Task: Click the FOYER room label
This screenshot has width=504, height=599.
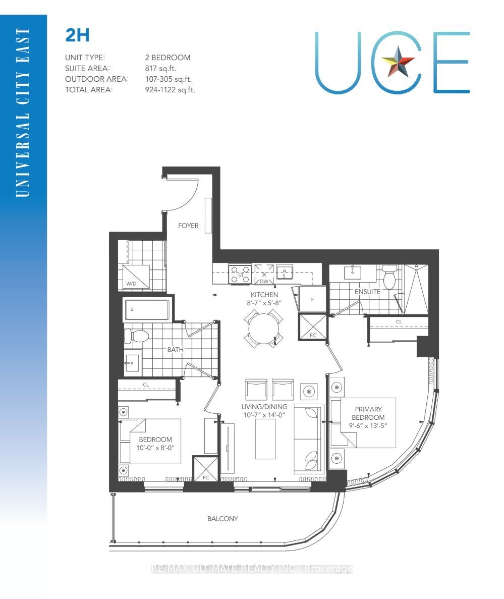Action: pos(188,226)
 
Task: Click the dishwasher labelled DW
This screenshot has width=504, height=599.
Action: pos(264,274)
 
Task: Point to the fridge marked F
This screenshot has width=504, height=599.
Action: pos(312,299)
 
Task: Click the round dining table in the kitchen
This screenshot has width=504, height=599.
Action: pos(264,329)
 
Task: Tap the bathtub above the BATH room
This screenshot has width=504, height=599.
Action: pos(147,309)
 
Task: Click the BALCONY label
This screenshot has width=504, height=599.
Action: pos(222,518)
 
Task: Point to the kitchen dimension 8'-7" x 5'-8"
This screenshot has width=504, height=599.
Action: pos(264,303)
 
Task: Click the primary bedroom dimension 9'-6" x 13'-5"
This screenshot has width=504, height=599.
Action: pos(368,425)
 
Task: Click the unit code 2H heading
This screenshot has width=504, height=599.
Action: pos(78,35)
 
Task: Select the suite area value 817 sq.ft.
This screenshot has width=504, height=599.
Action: pos(160,69)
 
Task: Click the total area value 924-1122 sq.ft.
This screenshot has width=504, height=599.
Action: pos(170,90)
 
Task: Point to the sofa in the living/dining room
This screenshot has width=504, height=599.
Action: pos(309,440)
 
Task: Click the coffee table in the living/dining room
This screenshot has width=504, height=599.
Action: pos(265,439)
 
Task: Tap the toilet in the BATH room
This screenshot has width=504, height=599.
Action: pos(136,337)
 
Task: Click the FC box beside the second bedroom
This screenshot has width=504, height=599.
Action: pos(206,468)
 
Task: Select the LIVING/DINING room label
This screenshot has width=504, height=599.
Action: pos(264,407)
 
